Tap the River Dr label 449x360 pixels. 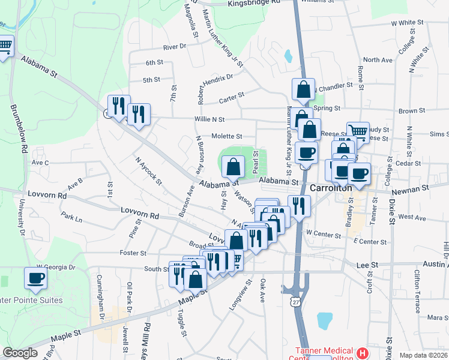tap(175, 46)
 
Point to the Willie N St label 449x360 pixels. tap(209, 119)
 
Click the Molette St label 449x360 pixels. tap(226, 136)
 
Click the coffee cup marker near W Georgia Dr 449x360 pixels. tap(35, 278)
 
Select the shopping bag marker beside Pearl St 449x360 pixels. tap(233, 166)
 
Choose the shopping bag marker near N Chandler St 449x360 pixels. tap(304, 89)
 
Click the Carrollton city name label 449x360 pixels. tap(331, 188)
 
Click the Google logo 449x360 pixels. tap(20, 353)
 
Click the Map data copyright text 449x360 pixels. tap(423, 355)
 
